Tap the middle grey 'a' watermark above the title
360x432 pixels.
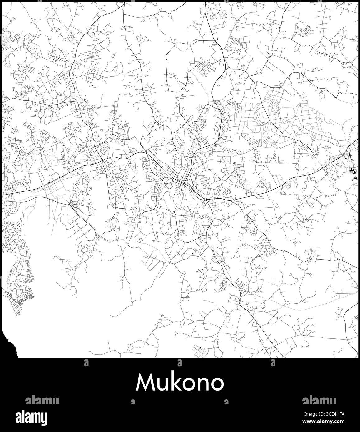click(x=180, y=362)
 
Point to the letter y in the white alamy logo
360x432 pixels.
click(x=44, y=418)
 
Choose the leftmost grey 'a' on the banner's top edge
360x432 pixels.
click(x=86, y=362)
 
